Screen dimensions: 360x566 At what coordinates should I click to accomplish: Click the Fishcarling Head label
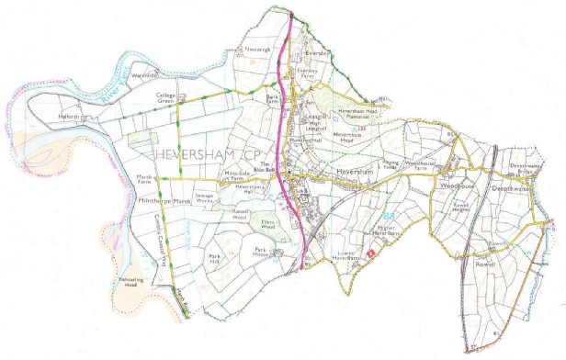click(x=134, y=286)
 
